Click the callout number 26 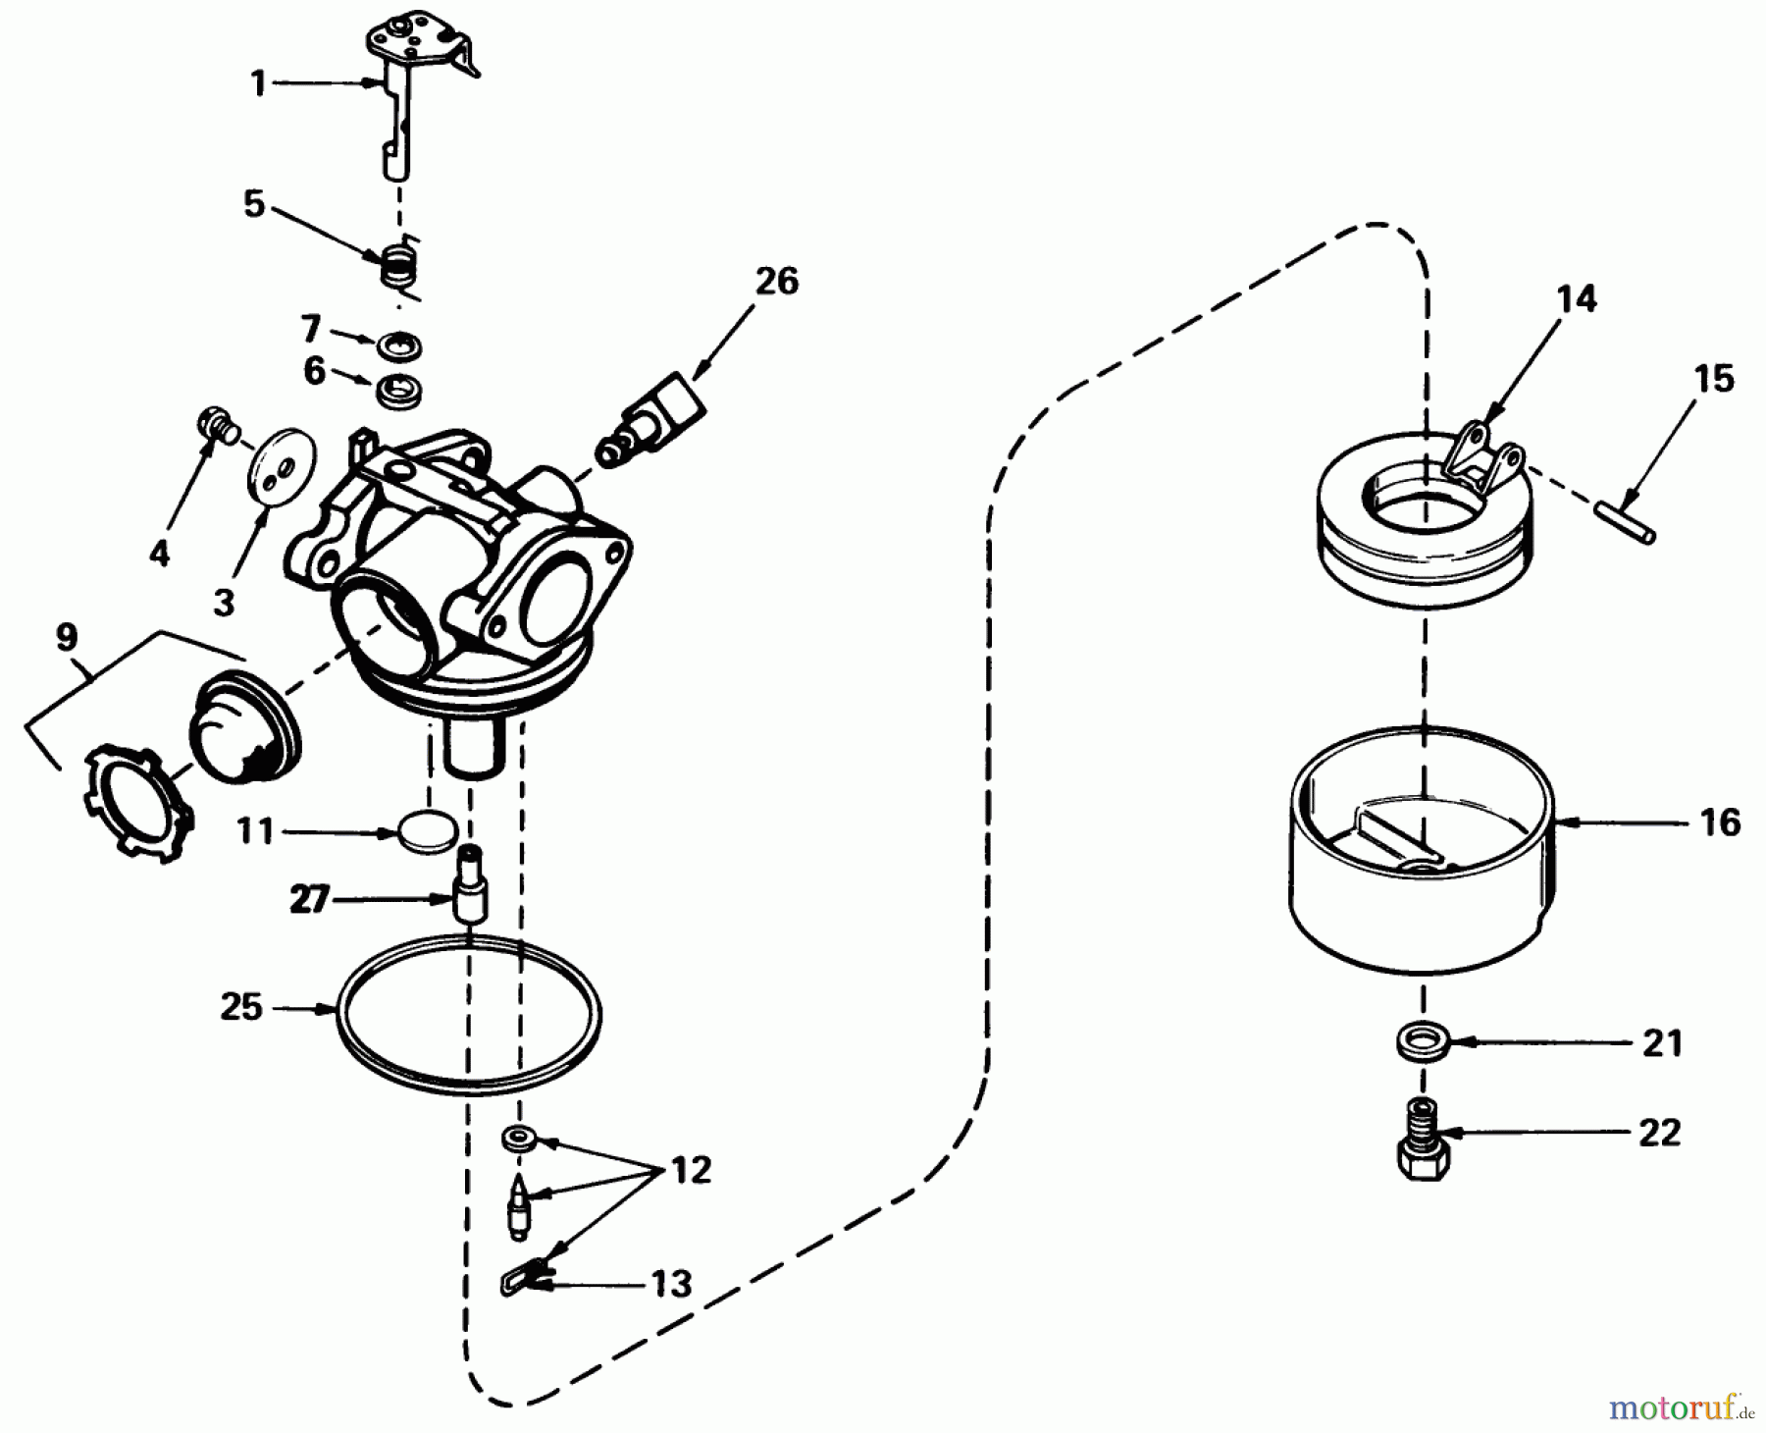click(x=776, y=281)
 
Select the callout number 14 click(x=1576, y=297)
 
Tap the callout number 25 click(x=240, y=1007)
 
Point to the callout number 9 click(x=66, y=637)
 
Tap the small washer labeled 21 click(x=1421, y=1040)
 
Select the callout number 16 click(x=1719, y=822)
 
